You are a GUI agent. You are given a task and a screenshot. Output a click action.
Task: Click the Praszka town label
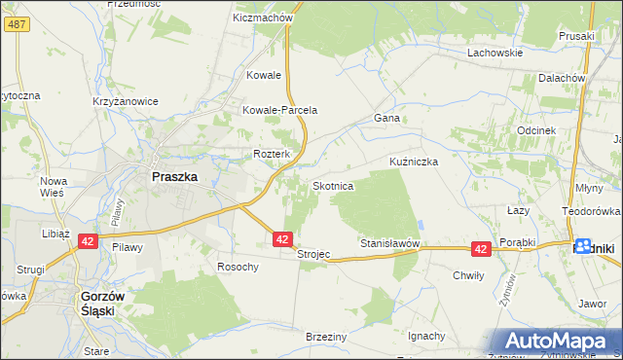(175, 177)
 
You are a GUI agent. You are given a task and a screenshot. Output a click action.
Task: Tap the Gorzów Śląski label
(106, 306)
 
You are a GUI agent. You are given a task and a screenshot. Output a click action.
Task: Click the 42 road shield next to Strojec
(282, 238)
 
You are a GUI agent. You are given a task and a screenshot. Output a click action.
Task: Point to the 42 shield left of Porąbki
(481, 249)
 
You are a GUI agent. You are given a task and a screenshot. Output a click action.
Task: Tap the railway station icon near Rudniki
(583, 246)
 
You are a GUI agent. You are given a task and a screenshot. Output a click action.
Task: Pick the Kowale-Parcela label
(280, 110)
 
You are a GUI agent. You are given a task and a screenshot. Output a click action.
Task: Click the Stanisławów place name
(389, 242)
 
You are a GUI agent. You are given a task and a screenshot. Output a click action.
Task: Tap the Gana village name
(387, 118)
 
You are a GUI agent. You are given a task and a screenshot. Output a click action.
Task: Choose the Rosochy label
(238, 267)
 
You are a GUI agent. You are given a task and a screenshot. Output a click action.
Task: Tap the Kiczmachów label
(264, 18)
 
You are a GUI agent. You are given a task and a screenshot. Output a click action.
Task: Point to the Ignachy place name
(426, 336)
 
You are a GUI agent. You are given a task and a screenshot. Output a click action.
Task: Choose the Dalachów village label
(562, 77)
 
